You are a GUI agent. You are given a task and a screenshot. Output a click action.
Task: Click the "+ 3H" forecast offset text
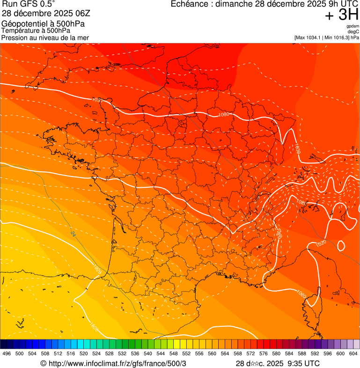[341, 15]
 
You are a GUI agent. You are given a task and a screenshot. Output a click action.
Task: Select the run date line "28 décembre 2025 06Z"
[43, 14]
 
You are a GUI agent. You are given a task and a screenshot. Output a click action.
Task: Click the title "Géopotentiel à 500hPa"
[43, 24]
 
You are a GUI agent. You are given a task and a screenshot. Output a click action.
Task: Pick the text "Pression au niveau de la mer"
[45, 37]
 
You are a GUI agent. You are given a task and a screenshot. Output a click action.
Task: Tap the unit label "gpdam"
[353, 26]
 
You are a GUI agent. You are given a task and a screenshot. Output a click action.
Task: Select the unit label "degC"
[353, 32]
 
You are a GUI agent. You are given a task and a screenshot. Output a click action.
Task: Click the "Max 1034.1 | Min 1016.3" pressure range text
[322, 37]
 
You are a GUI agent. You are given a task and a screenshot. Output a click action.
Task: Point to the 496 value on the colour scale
[7, 354]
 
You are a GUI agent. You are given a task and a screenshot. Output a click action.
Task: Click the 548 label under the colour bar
[173, 354]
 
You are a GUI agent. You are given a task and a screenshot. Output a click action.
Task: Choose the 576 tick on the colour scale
[263, 354]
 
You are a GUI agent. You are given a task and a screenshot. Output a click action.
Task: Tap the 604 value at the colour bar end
[353, 354]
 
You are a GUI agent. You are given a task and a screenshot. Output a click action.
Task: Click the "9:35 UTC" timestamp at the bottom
[304, 363]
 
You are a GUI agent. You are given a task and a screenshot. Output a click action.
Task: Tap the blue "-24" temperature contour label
[73, 233]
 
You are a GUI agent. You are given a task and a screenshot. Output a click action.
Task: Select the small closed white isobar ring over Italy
[341, 245]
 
